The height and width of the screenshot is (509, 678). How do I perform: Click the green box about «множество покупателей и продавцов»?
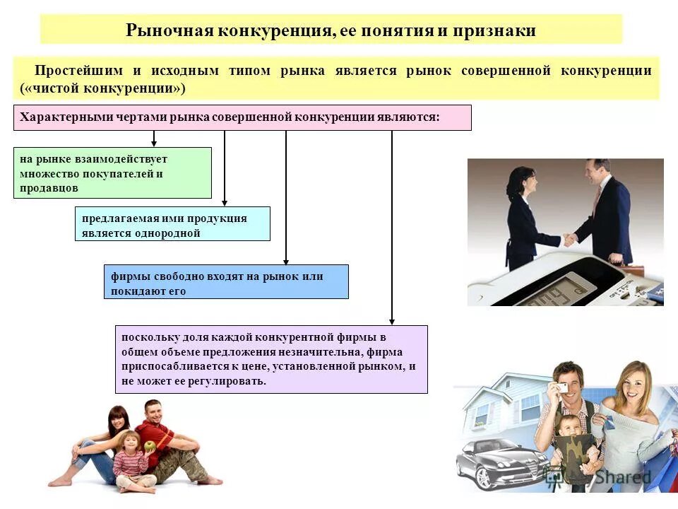tap(112, 172)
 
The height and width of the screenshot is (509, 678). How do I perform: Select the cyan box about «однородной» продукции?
tap(172, 224)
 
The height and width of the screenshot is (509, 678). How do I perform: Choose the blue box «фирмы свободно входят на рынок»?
tap(226, 281)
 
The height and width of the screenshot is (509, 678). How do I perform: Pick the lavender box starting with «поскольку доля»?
tap(271, 359)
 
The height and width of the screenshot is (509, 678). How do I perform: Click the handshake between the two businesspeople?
tap(567, 240)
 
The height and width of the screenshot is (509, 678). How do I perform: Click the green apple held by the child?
tap(150, 446)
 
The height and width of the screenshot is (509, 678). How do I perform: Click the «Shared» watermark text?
tap(621, 477)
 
